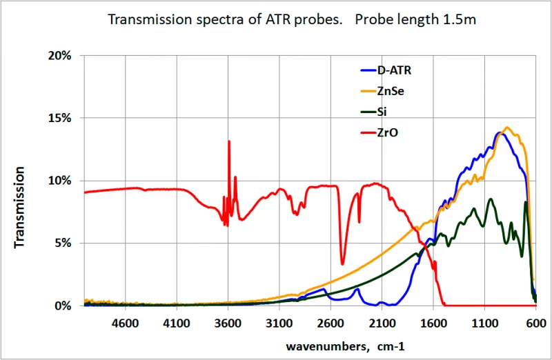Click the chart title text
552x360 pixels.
293,20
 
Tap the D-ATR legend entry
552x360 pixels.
394,70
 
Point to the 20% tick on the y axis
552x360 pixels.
59,56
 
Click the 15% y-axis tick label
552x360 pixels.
59,118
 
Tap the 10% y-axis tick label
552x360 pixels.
59,181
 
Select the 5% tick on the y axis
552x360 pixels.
62,243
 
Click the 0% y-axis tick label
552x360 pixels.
62,306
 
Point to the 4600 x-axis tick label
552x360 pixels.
125,322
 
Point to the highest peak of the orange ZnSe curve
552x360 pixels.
507,128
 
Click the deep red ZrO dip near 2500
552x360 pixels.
342,263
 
